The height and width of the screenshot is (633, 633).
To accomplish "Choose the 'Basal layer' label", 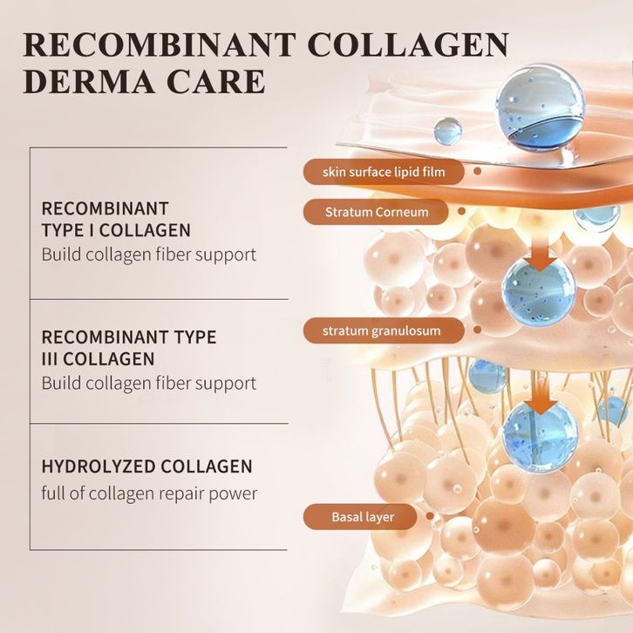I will click(x=363, y=517).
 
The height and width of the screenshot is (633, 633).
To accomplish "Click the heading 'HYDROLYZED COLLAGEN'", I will click(x=147, y=466).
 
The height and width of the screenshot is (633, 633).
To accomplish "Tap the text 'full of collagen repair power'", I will click(x=149, y=493).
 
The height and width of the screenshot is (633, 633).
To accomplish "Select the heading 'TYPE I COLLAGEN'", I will click(x=116, y=230).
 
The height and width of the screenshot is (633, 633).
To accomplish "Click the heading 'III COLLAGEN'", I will click(x=99, y=358).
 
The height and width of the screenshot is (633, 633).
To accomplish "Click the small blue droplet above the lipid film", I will click(x=447, y=132).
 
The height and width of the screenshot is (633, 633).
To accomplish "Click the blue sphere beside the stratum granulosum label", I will click(x=538, y=289).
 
